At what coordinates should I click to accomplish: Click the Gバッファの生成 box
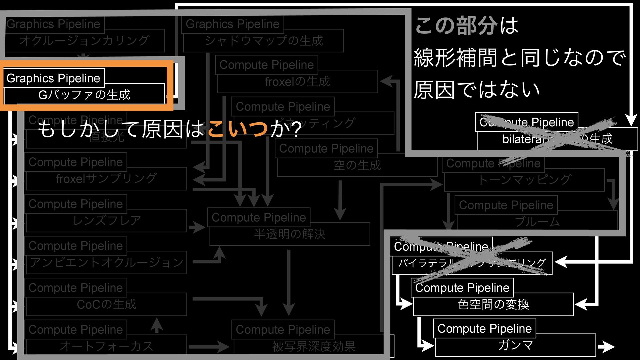84,95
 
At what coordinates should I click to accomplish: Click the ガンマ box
515,345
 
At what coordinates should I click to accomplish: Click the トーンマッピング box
524,180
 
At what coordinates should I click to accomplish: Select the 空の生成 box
357,165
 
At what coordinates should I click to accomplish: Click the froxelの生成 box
297,82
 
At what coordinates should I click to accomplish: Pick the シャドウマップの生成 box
263,41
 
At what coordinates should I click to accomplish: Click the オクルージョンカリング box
84,41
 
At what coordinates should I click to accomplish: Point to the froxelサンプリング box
106,179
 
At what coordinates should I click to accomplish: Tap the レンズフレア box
106,221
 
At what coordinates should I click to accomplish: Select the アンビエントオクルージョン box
106,263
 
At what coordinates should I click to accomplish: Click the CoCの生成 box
106,304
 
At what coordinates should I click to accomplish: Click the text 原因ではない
477,89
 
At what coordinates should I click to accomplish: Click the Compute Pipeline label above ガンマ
484,329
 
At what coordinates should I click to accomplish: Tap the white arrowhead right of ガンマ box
607,347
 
